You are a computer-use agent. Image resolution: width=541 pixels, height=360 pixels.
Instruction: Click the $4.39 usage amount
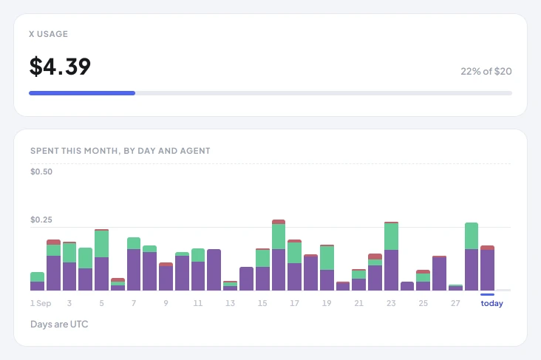click(60, 67)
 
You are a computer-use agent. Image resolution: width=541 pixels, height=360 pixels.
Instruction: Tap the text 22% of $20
click(486, 71)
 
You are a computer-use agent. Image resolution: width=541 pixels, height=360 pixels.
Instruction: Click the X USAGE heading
click(48, 34)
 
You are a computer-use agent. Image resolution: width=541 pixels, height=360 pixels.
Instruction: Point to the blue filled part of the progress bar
click(82, 93)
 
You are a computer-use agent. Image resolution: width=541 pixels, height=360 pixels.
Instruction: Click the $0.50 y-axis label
click(41, 171)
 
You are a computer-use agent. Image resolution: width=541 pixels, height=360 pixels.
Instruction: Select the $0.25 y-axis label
click(41, 220)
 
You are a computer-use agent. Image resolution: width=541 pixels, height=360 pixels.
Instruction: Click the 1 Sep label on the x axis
click(41, 303)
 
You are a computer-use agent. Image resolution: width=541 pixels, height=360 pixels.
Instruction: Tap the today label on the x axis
click(492, 303)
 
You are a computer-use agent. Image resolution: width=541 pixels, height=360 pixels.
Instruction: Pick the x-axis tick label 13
click(230, 303)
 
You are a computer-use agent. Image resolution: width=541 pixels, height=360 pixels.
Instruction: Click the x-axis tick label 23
click(391, 303)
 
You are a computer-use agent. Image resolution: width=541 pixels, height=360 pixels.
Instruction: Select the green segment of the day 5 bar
click(101, 244)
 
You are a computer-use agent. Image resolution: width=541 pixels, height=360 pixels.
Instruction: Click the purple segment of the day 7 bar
click(134, 270)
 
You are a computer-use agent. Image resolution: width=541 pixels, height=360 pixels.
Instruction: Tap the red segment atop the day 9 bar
click(166, 265)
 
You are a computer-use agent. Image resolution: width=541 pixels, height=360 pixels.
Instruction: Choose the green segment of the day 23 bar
click(391, 237)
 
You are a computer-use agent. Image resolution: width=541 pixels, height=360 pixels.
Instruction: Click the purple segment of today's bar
click(488, 270)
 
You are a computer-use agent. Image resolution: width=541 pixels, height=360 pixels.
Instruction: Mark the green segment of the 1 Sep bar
click(37, 276)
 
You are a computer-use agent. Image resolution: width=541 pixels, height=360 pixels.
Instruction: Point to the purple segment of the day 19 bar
click(327, 280)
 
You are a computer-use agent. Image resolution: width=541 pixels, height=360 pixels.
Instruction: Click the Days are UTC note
click(59, 324)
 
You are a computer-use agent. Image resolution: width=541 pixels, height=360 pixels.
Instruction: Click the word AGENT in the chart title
click(197, 151)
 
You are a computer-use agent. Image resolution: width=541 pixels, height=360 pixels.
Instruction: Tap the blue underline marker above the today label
click(487, 294)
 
